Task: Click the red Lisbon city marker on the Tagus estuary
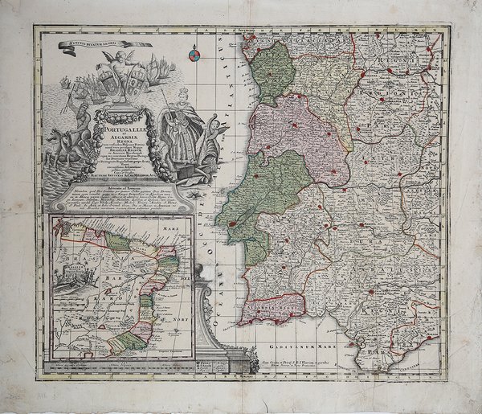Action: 234,224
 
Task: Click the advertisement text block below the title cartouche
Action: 120,197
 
